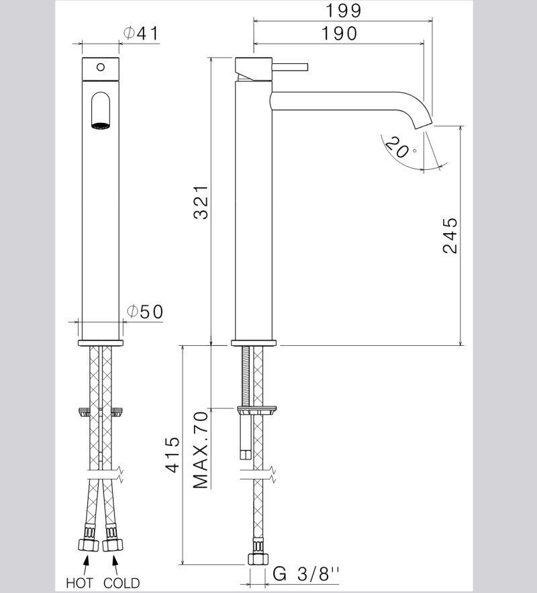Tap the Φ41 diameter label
coord(141,34)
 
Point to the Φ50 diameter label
coord(144,312)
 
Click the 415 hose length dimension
coord(173,455)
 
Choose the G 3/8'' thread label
coord(307,575)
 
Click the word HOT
coord(79,582)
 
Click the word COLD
coord(121,582)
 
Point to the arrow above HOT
coord(87,562)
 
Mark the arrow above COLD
coord(114,562)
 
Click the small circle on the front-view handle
coord(100,66)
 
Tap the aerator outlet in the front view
coord(99,124)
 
